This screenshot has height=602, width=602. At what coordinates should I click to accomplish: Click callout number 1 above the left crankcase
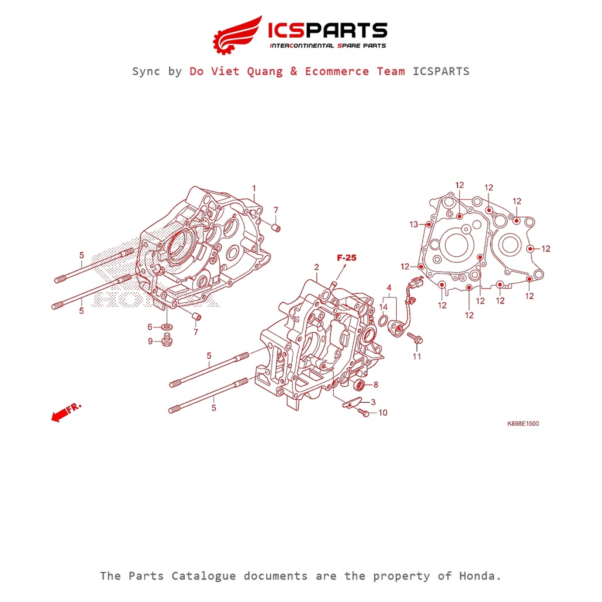[x=254, y=188]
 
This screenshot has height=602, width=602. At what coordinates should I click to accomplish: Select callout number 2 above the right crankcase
[x=316, y=267]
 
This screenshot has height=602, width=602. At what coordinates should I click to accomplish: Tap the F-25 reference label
[x=346, y=257]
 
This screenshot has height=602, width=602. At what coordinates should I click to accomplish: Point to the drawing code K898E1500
[x=523, y=423]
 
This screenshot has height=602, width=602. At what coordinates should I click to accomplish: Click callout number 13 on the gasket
[x=413, y=224]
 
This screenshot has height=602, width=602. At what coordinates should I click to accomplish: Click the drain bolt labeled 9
[x=165, y=340]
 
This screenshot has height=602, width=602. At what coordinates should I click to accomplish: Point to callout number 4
[x=389, y=287]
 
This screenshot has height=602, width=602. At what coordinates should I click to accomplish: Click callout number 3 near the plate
[x=373, y=402]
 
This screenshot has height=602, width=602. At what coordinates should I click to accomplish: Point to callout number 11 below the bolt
[x=416, y=357]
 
